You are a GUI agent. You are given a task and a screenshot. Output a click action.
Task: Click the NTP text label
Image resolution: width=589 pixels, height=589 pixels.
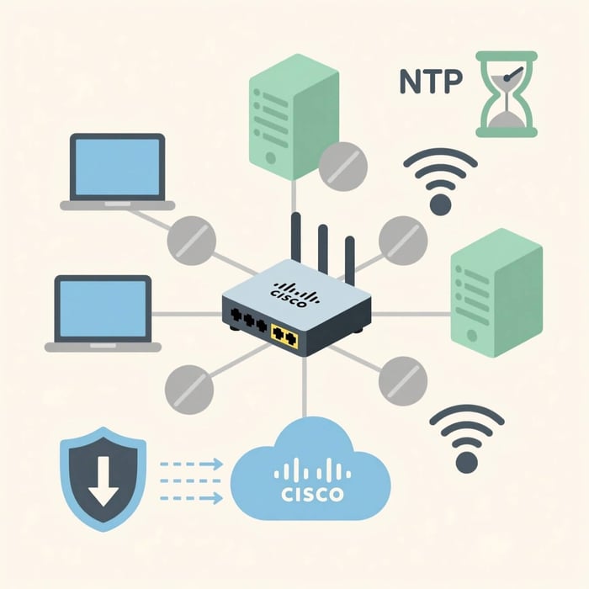coord(430,83)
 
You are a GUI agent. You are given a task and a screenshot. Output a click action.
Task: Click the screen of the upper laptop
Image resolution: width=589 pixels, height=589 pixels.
coord(118,167)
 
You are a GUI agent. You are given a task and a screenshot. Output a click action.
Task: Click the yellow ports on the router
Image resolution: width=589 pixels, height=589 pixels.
coord(285,337)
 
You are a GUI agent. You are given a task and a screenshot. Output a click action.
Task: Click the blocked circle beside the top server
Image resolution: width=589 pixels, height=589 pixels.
coord(343,167)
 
